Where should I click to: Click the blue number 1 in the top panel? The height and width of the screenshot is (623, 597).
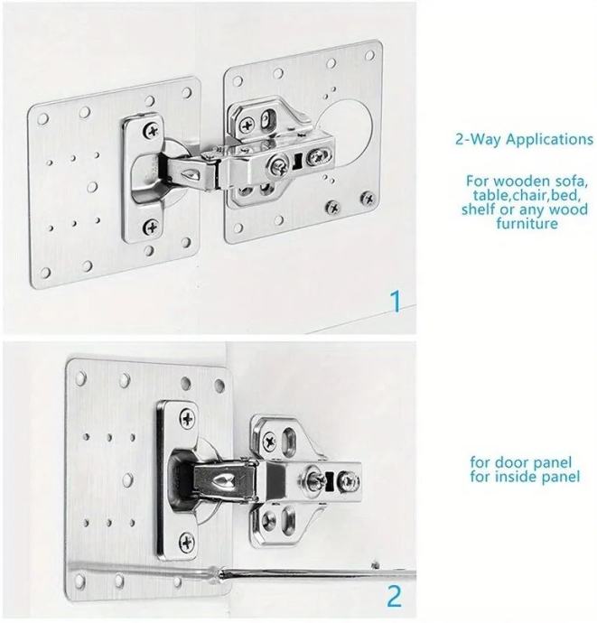point(396,302)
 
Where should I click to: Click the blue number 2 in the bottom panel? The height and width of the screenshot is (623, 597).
point(394,596)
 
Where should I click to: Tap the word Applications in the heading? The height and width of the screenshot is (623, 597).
point(549,140)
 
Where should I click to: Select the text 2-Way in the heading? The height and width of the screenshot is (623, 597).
point(478,139)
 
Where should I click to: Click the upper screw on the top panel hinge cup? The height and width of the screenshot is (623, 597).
point(151,130)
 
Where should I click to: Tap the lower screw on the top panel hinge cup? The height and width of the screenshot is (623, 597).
point(150,228)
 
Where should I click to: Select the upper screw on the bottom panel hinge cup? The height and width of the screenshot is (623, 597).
point(187,419)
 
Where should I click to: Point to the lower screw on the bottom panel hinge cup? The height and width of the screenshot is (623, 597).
point(186,541)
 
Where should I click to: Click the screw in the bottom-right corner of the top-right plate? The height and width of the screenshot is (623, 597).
point(368,198)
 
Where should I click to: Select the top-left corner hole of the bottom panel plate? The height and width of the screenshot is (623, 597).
point(81,377)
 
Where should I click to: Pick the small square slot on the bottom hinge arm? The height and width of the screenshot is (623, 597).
point(330,480)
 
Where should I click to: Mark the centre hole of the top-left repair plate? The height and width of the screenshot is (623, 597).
point(93,187)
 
